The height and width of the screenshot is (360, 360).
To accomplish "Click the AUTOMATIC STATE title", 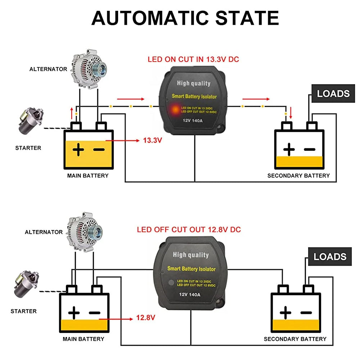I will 185,18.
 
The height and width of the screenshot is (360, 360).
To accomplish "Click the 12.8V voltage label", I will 145,318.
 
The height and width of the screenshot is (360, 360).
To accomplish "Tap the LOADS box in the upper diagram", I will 333,94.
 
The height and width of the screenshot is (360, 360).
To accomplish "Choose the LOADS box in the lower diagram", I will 330,257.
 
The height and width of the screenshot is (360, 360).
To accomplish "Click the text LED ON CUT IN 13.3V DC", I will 193,59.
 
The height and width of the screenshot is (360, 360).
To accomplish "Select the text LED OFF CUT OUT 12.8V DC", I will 189,229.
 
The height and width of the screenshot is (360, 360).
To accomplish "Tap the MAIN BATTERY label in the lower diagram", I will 83,339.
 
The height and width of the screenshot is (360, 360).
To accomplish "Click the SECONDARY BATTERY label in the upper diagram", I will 298,176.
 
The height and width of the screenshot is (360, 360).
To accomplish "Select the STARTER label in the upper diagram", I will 28,148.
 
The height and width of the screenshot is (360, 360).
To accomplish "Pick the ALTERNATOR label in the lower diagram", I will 44,232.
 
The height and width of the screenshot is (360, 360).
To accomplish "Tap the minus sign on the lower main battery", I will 94,312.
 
